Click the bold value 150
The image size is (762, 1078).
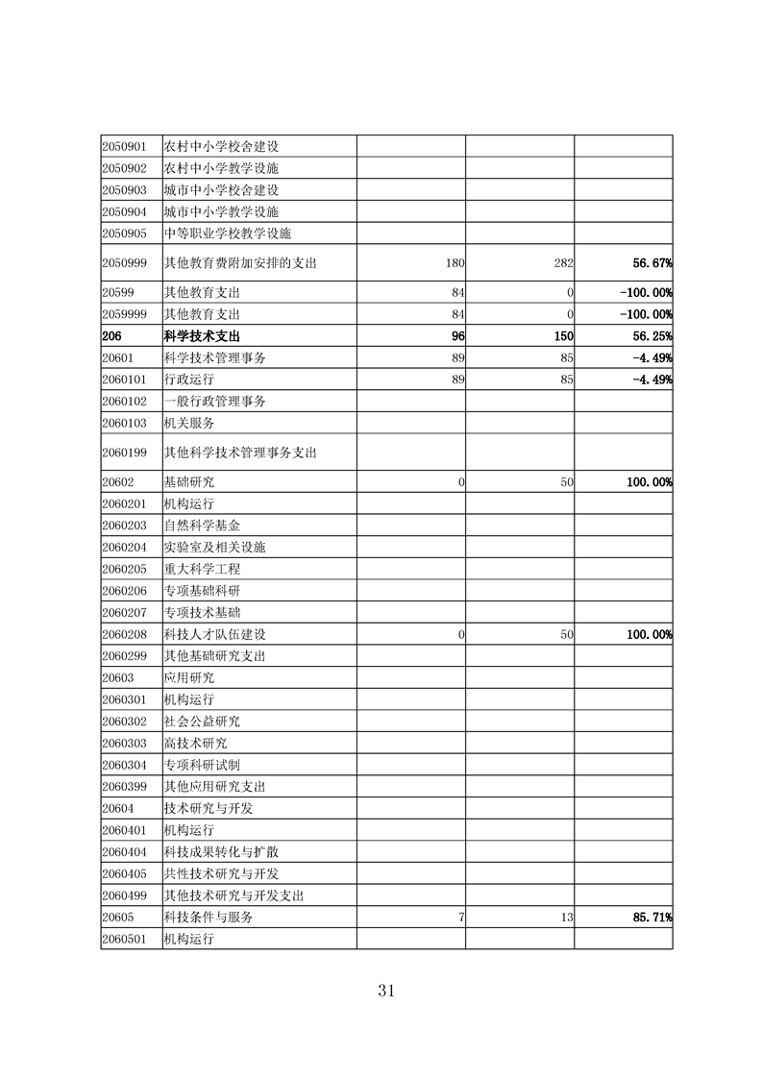(x=562, y=336)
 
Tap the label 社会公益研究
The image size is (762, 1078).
(x=202, y=722)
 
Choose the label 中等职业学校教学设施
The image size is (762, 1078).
(x=228, y=233)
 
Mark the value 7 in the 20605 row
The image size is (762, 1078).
(x=461, y=918)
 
